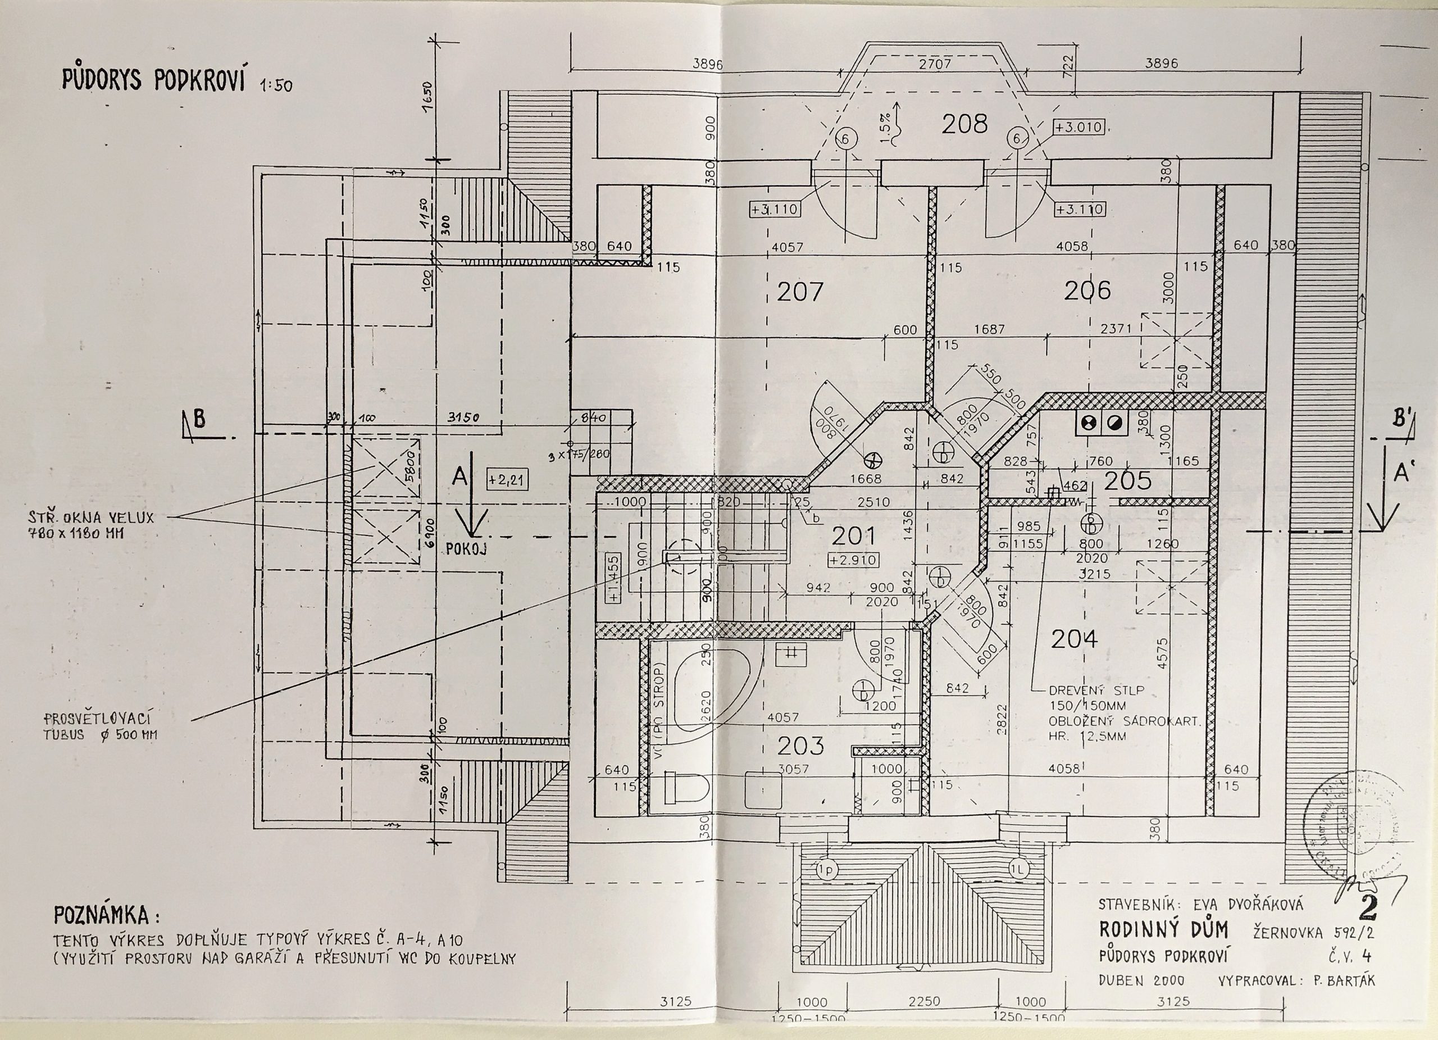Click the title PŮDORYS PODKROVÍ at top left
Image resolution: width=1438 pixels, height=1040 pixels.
click(153, 80)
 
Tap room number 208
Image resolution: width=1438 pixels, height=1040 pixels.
click(964, 124)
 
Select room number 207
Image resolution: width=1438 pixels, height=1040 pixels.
click(800, 292)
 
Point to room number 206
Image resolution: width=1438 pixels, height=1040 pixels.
click(1087, 290)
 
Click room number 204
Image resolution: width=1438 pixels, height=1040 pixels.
click(1074, 639)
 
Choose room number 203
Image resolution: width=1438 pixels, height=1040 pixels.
click(801, 746)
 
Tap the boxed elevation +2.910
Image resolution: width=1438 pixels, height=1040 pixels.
click(853, 560)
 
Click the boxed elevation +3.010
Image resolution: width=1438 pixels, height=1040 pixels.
click(1078, 128)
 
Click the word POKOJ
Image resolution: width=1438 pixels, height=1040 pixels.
click(466, 549)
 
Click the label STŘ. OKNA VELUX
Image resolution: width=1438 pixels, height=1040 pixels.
click(89, 517)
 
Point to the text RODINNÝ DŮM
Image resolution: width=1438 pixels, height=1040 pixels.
click(1163, 930)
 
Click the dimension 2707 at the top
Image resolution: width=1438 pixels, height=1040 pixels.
click(935, 64)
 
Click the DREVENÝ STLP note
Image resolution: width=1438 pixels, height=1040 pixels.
click(1096, 690)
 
